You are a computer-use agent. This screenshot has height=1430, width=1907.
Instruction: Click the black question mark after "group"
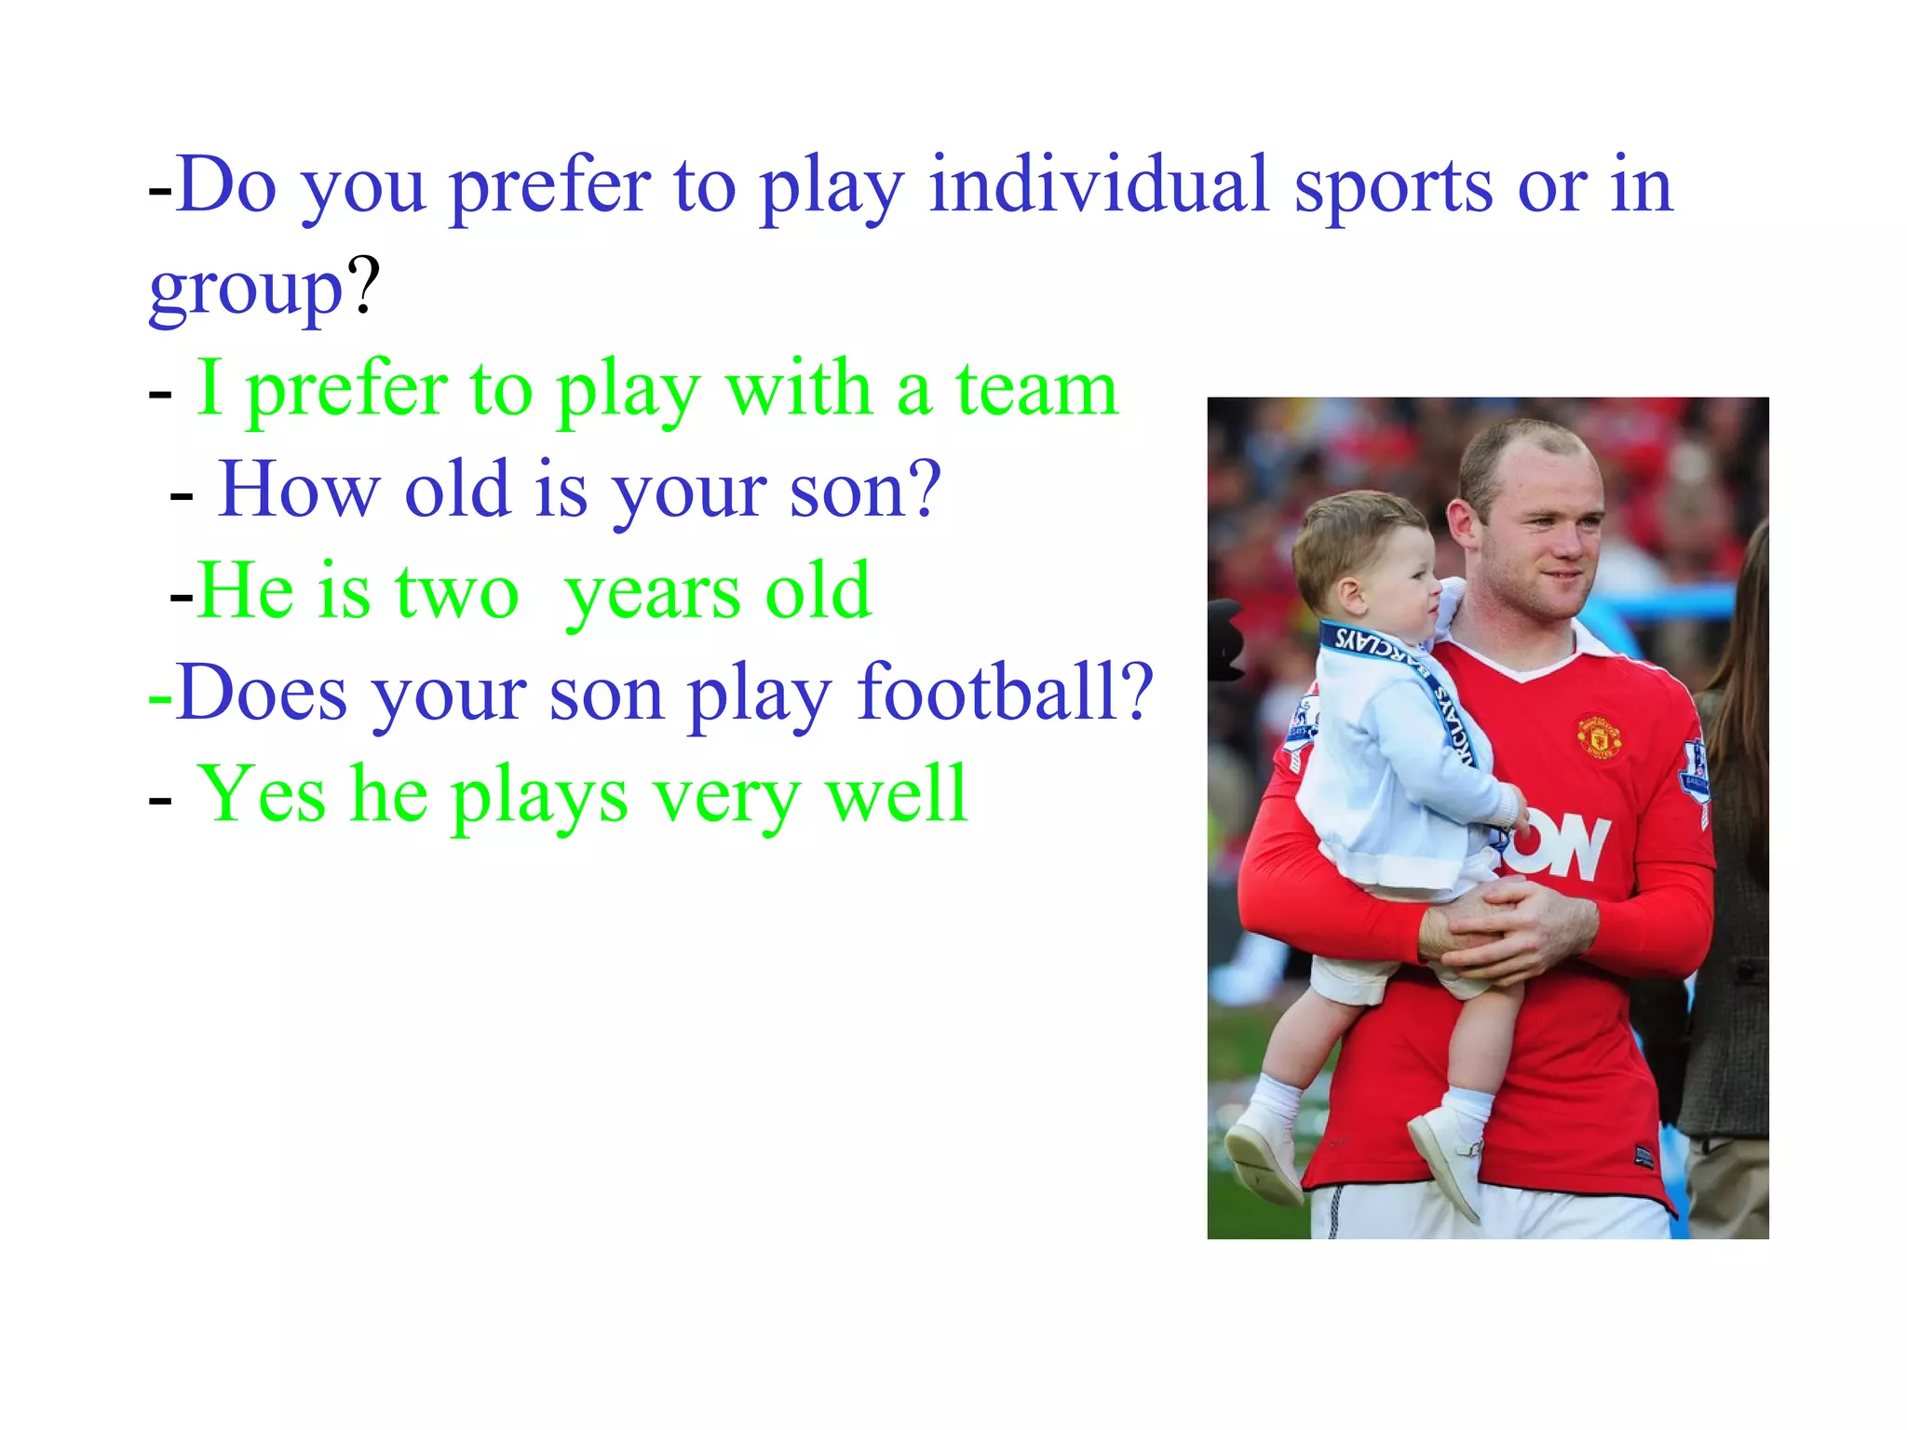364,284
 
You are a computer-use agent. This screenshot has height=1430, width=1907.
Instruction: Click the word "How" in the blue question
298,490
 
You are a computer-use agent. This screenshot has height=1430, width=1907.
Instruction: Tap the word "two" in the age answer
456,592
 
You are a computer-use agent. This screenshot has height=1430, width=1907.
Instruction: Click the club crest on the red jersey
1598,736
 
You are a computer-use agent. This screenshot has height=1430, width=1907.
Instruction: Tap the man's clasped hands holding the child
1508,922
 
